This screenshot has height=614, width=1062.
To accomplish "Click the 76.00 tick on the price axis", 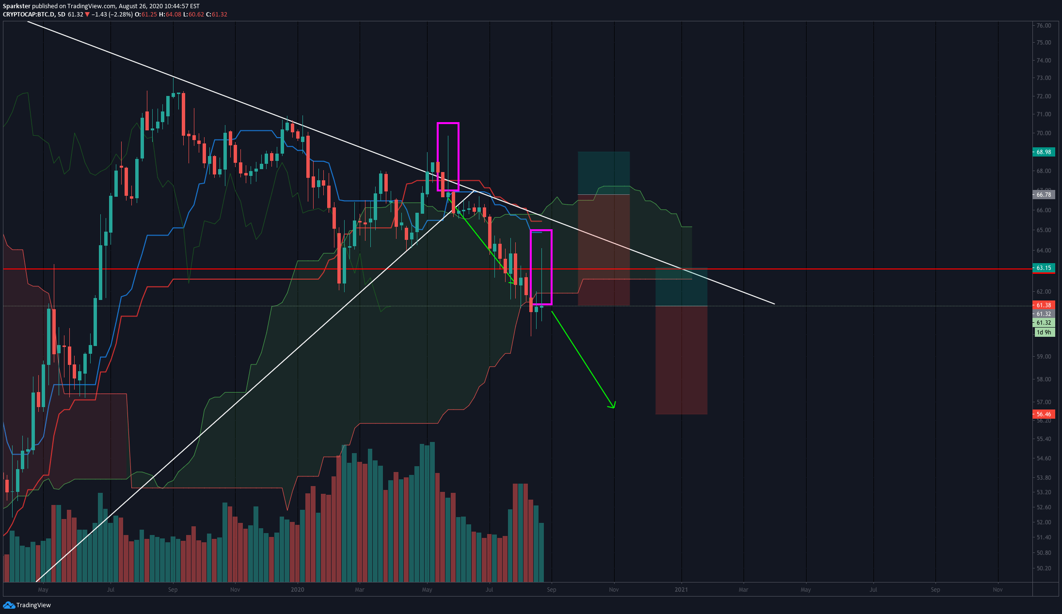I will tap(1044, 26).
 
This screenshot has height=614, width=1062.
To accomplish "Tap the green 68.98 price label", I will tap(1044, 152).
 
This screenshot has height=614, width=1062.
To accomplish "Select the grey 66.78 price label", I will tap(1044, 195).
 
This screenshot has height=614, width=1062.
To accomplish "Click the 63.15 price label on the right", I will tap(1044, 268).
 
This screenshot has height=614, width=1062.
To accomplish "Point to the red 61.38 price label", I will tap(1044, 305).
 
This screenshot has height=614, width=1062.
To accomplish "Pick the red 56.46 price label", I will tap(1044, 414).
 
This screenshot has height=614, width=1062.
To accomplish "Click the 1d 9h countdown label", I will tap(1044, 332).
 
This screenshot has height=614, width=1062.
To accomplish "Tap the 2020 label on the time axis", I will tap(297, 590).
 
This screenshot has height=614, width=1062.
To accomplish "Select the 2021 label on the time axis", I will tap(681, 590).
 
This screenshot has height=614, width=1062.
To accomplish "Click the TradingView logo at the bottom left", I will tap(27, 605).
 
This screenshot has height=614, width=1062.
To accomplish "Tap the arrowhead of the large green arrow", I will tap(613, 406).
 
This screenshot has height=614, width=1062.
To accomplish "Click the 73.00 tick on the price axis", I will tap(1044, 78).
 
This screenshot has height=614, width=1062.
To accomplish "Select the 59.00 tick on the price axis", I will tap(1044, 357).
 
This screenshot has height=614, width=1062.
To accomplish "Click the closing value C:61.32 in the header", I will tap(217, 15).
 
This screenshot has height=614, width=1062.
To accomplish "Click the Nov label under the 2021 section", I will tap(998, 590).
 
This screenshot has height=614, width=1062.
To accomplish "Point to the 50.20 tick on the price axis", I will tap(1044, 568).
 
